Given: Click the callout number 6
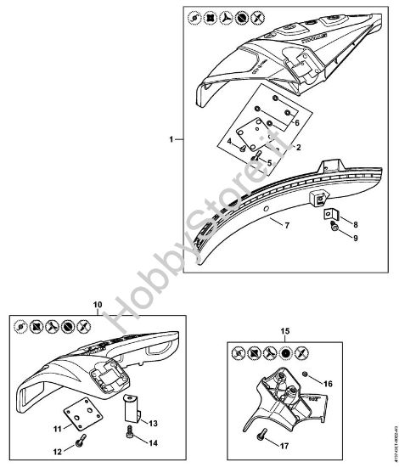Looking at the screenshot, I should pos(297,124).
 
